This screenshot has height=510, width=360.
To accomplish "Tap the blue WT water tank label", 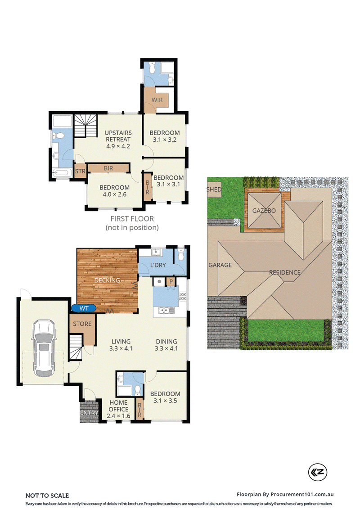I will tap(84, 308).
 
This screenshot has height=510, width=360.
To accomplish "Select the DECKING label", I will tap(107, 280).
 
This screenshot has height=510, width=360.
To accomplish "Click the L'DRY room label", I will tap(158, 266).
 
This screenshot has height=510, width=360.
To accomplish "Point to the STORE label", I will tap(82, 324).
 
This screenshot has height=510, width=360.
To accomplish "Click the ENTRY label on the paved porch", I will tap(89, 413).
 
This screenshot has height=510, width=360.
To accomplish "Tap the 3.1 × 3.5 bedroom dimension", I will tap(165, 401).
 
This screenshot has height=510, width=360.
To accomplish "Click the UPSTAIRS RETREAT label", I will tap(118, 139).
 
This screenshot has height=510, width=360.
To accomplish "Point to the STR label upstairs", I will tap(80, 172).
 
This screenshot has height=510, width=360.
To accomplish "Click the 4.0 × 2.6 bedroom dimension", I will tap(114, 195).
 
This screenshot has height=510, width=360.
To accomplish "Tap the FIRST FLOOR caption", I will tap(132, 219).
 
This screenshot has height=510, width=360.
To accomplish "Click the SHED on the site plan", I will tap(214, 189).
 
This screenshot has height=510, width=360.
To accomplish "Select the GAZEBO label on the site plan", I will tap(263, 211).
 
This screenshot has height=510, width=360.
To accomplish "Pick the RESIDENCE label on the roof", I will tap(284, 272).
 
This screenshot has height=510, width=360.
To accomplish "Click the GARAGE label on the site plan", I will tap(220, 265).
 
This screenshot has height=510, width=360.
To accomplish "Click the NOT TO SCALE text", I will tap(47, 496).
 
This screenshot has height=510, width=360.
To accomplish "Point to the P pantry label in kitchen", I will tap(171, 282).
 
